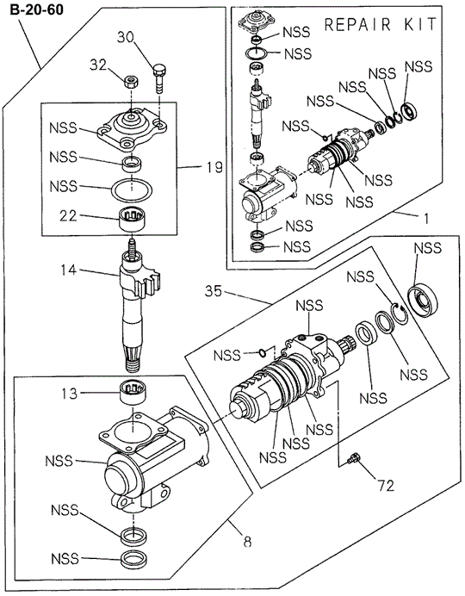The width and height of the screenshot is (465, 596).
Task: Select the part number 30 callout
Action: pos(127,37)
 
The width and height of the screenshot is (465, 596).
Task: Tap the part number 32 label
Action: pos(97,63)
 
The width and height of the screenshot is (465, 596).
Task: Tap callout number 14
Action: pos(68,270)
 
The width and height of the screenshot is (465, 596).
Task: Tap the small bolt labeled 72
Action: pos(351,463)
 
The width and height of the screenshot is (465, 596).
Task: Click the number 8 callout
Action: pos(247,542)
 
